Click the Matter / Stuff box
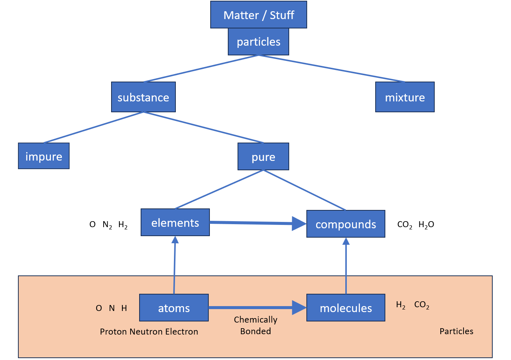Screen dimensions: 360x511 (258, 15)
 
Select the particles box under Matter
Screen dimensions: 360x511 (258, 42)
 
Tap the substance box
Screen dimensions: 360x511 (143, 97)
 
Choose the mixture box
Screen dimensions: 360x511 (405, 97)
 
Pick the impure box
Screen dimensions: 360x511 (44, 156)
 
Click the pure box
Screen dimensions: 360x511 (263, 157)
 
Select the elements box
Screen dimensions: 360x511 (175, 223)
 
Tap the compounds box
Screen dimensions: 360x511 (346, 224)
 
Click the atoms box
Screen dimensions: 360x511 (174, 308)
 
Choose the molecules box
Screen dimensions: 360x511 (346, 308)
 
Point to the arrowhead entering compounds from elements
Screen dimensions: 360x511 (299, 224)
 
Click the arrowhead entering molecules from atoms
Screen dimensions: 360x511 (299, 308)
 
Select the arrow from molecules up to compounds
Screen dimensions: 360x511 (346, 266)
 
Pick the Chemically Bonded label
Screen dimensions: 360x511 (255, 325)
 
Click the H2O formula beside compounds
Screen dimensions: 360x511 (426, 225)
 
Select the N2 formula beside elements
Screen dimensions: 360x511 (107, 225)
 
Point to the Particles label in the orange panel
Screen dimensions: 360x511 (456, 331)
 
